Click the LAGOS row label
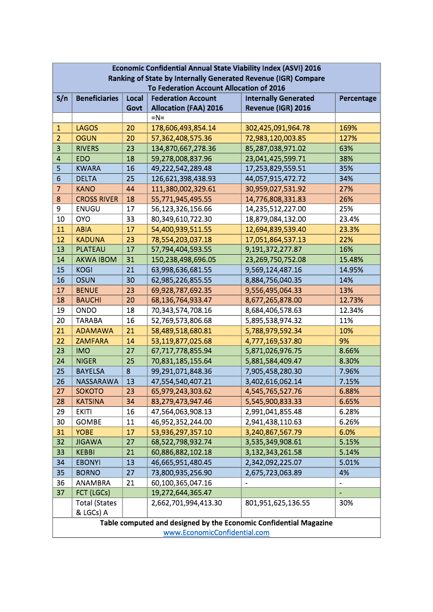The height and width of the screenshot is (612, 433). pyautogui.click(x=87, y=128)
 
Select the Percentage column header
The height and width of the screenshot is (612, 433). pyautogui.click(x=358, y=98)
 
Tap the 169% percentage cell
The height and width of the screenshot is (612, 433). pyautogui.click(x=346, y=128)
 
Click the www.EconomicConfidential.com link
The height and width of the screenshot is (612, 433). pyautogui.click(x=217, y=533)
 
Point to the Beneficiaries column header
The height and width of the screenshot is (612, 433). pyautogui.click(x=97, y=98)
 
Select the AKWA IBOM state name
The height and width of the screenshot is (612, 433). pyautogui.click(x=96, y=259)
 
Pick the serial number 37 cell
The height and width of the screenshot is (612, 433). pyautogui.click(x=59, y=493)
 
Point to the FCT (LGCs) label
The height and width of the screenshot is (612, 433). pyautogui.click(x=93, y=493)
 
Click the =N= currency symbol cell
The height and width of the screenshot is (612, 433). pyautogui.click(x=157, y=117)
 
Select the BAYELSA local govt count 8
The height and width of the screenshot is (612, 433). pyautogui.click(x=128, y=371)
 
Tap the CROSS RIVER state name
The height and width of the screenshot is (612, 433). pyautogui.click(x=97, y=198)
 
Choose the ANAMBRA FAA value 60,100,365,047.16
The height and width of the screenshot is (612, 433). pyautogui.click(x=186, y=483)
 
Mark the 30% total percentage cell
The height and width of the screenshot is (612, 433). pyautogui.click(x=346, y=503)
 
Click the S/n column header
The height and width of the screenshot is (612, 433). pyautogui.click(x=62, y=98)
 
